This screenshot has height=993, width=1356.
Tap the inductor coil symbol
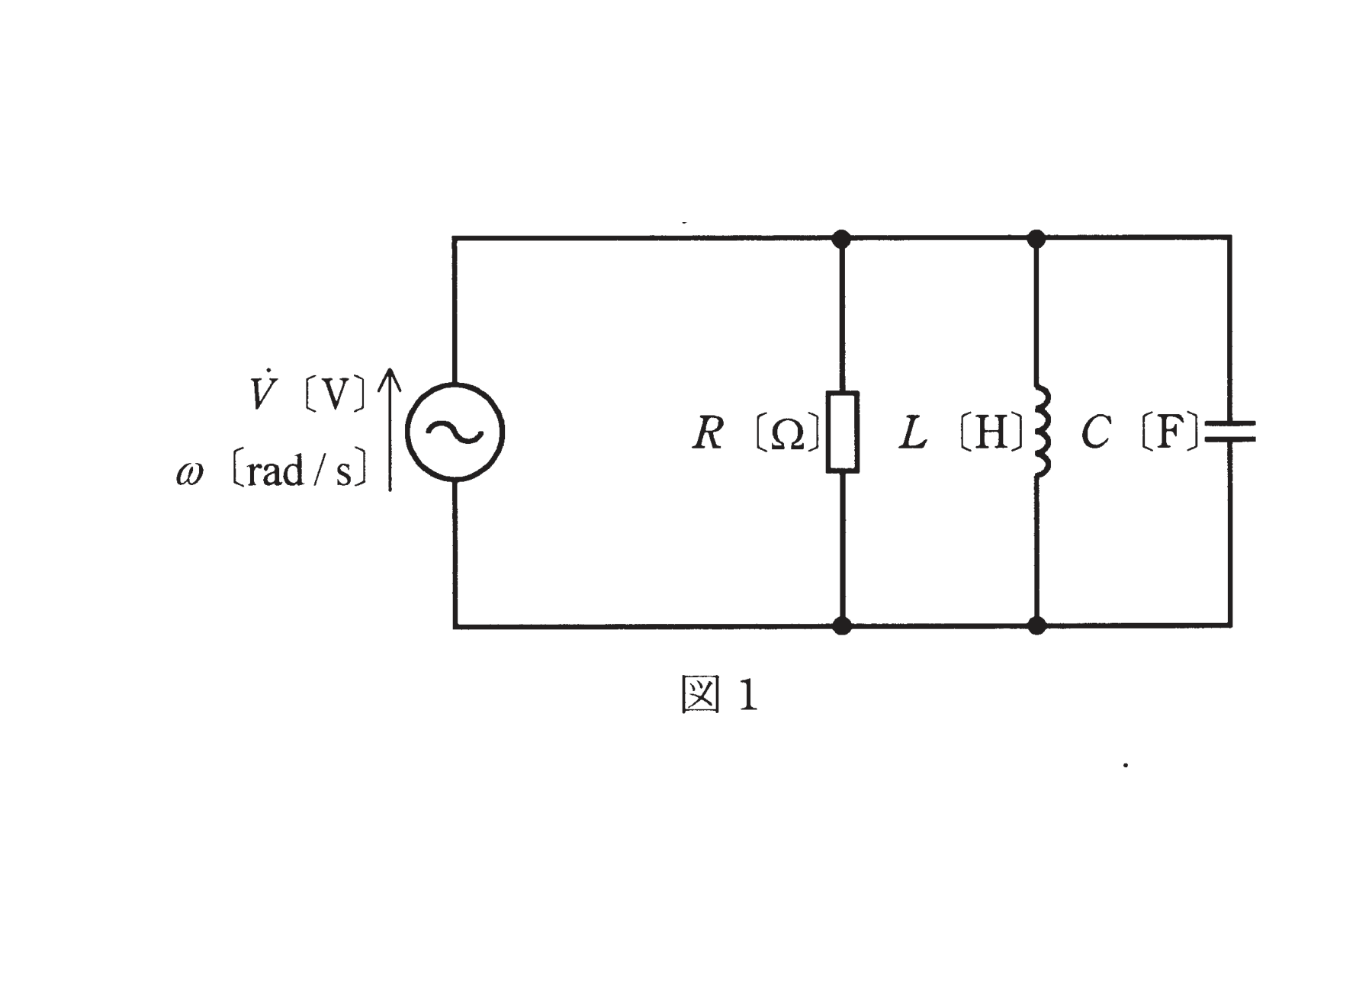tap(1042, 432)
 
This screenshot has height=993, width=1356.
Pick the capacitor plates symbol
tap(1229, 432)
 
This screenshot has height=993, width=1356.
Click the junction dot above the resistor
tap(841, 239)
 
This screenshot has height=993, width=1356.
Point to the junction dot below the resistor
tap(842, 626)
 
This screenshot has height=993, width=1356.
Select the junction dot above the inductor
tap(1036, 239)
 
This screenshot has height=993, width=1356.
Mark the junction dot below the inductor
tap(1037, 626)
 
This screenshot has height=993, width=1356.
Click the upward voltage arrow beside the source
tap(390, 429)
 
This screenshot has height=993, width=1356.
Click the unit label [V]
tap(335, 394)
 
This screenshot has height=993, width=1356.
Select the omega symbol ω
tap(190, 474)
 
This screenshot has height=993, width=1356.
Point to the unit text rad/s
tap(300, 471)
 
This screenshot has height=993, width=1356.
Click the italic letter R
tap(707, 433)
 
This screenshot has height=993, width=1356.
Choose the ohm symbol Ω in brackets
tap(788, 434)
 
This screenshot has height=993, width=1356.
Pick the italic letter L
tap(913, 432)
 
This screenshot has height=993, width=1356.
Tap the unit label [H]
tap(991, 433)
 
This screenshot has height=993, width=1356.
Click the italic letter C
tap(1096, 432)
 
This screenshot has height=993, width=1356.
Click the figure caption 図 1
tap(719, 696)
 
